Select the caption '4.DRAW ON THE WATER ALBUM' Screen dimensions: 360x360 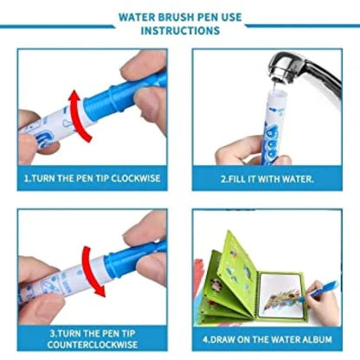[x=267, y=340]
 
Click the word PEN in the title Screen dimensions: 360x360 [x=203, y=15]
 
